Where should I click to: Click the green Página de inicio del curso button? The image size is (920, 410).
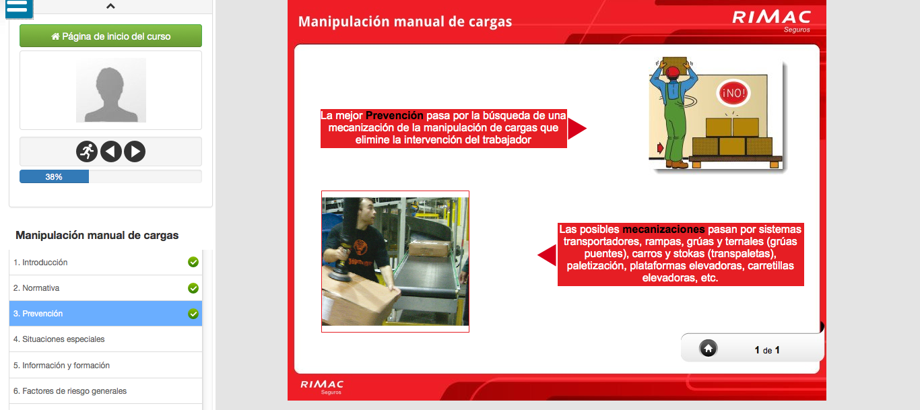pos(110,36)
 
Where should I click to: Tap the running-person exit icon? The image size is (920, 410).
pos(87,151)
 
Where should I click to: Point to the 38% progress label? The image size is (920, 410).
pos(54,177)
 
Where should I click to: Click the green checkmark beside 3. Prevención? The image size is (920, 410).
pos(193,314)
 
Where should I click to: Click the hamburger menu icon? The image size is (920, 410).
pos(19,8)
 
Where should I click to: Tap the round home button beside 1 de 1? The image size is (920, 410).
pos(708,349)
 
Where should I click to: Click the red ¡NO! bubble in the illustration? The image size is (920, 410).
pos(733,93)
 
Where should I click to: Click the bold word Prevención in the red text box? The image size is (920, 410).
pos(394,115)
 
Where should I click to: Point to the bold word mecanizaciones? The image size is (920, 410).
pos(663,229)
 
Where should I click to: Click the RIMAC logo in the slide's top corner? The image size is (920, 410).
pos(772,20)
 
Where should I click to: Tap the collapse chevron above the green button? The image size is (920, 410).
pos(110,6)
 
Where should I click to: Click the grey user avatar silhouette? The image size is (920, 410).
pos(111,90)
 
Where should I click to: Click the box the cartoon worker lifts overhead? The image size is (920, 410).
pos(674,65)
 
